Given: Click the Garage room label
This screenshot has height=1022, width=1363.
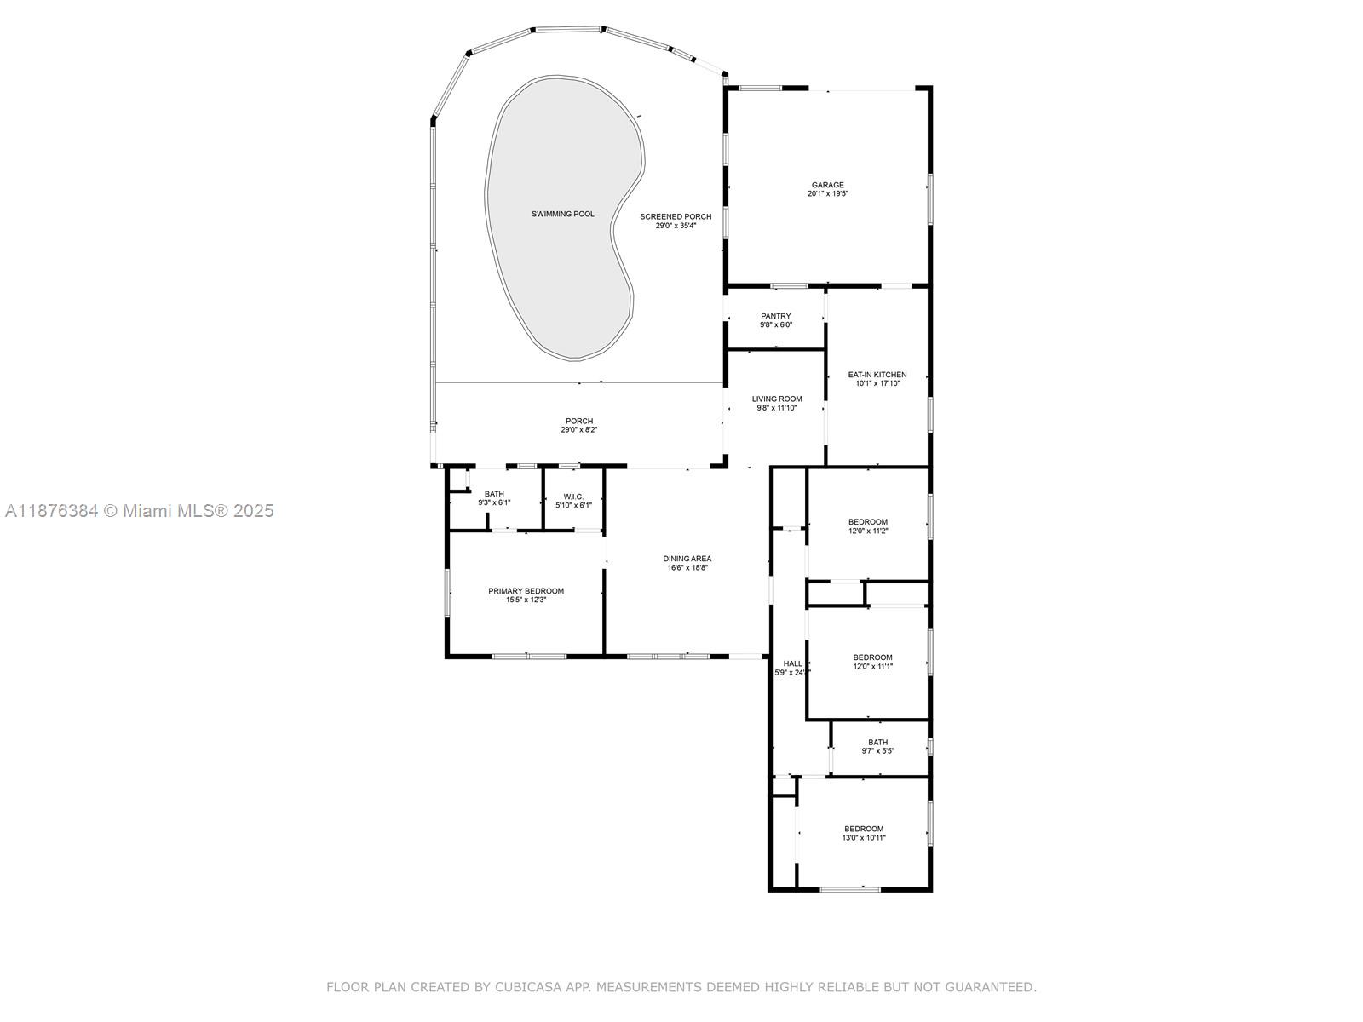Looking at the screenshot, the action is coord(828,185).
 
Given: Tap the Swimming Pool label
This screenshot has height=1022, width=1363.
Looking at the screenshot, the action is coord(562,214).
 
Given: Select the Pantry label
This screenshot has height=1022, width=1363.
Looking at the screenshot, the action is coord(775,316).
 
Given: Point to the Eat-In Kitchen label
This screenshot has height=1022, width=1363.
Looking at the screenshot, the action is coord(877,375).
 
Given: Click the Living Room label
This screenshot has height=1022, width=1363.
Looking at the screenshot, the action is coord(777,399).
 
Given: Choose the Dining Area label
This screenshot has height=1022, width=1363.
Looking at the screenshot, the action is coord(687,559).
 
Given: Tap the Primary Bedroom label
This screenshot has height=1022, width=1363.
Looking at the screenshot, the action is coord(526,591).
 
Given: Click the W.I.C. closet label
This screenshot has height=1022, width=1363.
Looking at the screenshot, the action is coord(573,497).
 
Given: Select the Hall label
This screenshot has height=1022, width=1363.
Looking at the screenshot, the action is coord(792,663).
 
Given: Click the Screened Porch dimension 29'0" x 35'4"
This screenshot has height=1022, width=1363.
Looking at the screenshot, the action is coord(676,225).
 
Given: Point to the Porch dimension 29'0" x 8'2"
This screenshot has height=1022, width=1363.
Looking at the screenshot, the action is coord(578,429).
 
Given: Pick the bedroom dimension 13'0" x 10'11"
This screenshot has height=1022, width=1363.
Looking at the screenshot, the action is coord(864,837).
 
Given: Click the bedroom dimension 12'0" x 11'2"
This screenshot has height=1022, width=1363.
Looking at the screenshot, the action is coord(868,531).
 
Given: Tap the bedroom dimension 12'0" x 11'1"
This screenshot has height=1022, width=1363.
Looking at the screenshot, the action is coord(872,666).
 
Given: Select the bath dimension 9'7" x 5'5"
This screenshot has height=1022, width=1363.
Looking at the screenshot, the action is coord(877,750).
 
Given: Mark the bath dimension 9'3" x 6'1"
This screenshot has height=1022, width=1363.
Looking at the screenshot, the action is coord(494,502).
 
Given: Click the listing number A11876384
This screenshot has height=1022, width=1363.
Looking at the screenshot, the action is coord(52,511).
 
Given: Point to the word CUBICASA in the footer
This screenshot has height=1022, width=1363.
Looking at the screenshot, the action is coord(528,986).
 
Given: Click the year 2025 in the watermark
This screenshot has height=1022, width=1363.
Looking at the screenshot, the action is coord(253,511).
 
